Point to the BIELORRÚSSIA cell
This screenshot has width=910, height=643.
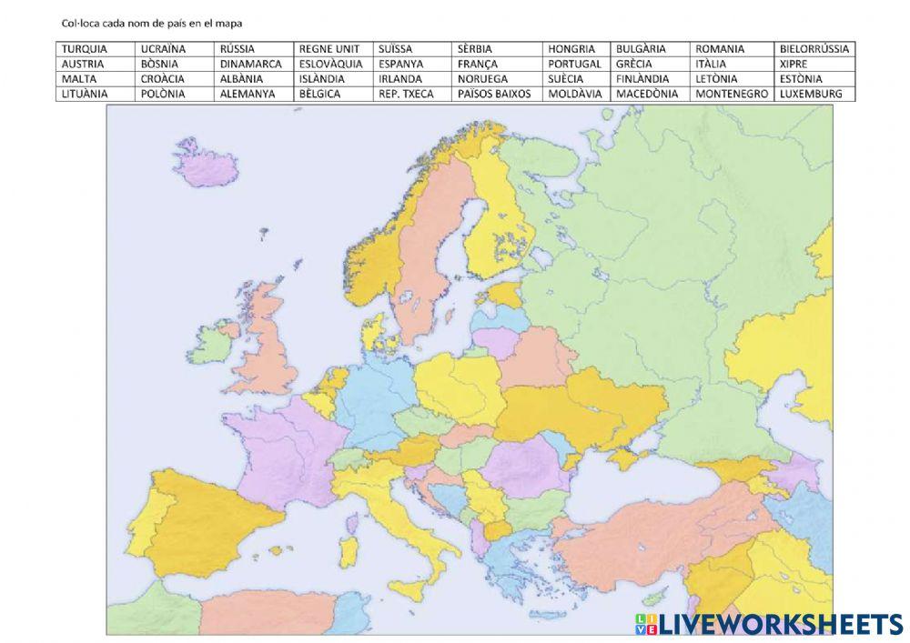coord(814,49)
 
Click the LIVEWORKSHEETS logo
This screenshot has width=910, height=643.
coord(769,623)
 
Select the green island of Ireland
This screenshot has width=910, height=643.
coord(217,344)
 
